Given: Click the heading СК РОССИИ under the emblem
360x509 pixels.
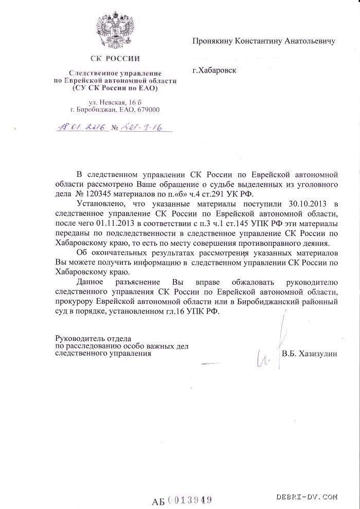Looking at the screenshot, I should (115, 59).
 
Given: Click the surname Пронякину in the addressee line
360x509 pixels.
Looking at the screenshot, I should (213, 41).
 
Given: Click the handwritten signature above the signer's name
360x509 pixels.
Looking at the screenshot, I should (273, 344).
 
